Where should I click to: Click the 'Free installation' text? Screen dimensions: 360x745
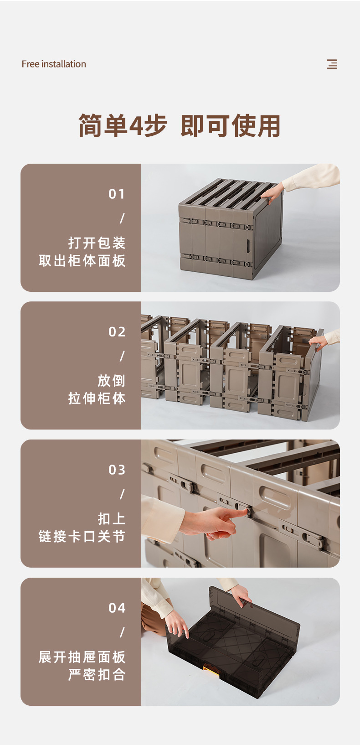pos(54,64)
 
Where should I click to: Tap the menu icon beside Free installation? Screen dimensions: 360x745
pos(332,64)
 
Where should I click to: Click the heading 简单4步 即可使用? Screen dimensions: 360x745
pos(180,125)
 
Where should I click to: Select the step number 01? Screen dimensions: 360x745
pos(116,194)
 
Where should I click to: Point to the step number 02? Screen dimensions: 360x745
pos(117,332)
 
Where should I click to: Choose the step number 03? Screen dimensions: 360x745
pos(117,470)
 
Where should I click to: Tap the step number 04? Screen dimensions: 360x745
pos(117,608)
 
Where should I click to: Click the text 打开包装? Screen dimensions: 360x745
pos(97,243)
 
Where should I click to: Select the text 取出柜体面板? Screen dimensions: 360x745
pos(82,260)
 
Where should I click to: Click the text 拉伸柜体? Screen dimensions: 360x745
pos(97,398)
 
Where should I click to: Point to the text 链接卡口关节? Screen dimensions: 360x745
pos(82,537)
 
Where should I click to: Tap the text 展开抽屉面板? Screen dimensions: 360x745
pos(82,657)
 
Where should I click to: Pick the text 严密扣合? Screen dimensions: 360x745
pos(97,675)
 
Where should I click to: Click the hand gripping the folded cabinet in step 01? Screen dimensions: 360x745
pos(273,193)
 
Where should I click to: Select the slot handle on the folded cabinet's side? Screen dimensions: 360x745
pos(248,245)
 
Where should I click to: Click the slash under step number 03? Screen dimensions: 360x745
pos(122,494)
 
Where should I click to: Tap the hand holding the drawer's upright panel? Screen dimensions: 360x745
pos(242,596)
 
